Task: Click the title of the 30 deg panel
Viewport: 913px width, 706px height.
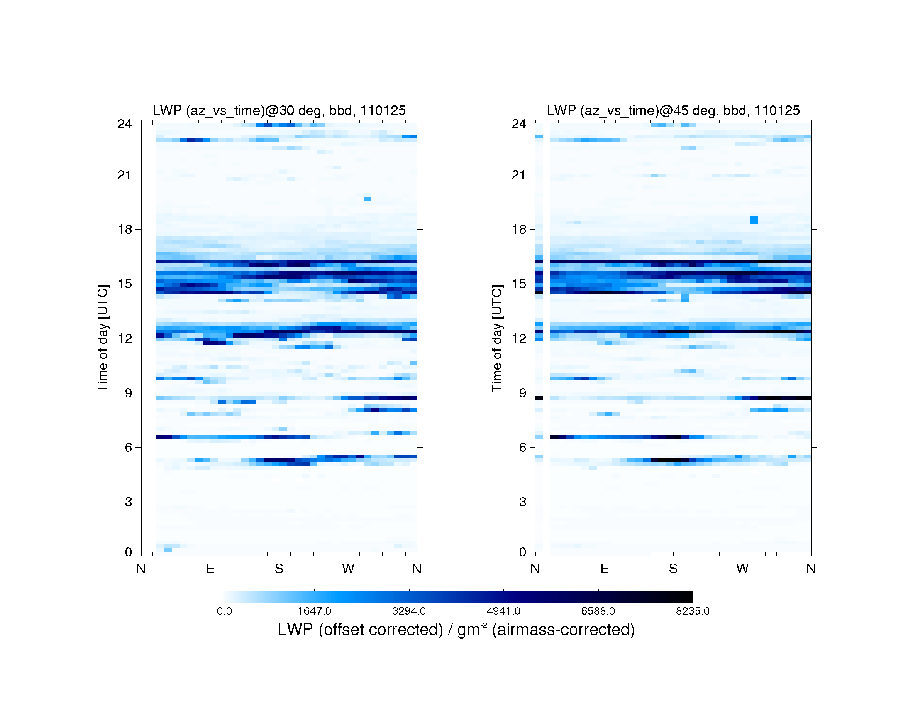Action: tap(279, 110)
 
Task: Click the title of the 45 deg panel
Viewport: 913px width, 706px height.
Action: tap(673, 110)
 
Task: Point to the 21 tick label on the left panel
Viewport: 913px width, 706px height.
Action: tap(124, 175)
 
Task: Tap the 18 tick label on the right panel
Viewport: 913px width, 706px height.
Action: tap(519, 229)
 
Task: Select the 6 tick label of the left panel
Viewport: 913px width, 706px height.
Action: tap(128, 448)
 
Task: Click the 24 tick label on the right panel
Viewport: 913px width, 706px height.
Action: tap(519, 124)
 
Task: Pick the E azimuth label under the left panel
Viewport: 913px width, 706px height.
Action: tap(210, 569)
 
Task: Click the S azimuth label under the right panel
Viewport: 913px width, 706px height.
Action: tap(673, 569)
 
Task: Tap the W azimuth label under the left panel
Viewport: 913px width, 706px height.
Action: tap(348, 569)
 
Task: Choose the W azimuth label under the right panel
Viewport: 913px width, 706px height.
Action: tap(742, 569)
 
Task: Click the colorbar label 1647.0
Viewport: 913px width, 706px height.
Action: tap(315, 611)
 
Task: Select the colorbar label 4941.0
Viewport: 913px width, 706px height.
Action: tap(504, 611)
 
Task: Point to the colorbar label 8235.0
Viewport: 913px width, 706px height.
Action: tap(693, 611)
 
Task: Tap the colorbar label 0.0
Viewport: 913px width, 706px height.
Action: tap(225, 611)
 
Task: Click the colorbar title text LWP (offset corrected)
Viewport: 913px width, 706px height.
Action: tap(360, 630)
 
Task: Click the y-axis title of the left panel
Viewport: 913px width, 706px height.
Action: tap(103, 338)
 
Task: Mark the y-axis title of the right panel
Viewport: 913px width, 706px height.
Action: tap(497, 338)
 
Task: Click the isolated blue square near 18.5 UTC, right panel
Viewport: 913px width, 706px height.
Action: tap(754, 220)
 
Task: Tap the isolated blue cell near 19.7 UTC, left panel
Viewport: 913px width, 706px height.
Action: tap(367, 199)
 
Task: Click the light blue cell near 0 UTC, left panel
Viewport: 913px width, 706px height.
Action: tap(168, 550)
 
